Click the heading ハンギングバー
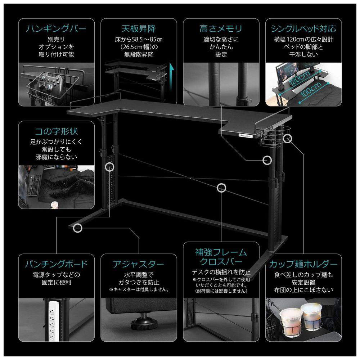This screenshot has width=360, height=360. [56, 29]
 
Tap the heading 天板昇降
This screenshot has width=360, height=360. [139, 29]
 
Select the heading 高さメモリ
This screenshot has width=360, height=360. [221, 29]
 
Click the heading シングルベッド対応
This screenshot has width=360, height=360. [303, 29]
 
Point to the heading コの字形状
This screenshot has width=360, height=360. [56, 131]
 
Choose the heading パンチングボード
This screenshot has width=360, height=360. [56, 264]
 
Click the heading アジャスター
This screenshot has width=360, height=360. [139, 264]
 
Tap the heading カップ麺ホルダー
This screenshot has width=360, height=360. [303, 264]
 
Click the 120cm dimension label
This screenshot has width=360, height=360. [300, 78]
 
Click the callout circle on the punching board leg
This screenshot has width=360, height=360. [109, 167]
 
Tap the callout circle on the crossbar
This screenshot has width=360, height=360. [221, 188]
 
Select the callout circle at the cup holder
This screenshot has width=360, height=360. [287, 139]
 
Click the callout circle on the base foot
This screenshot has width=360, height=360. [78, 228]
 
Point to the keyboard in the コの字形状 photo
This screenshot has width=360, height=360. [35, 185]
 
